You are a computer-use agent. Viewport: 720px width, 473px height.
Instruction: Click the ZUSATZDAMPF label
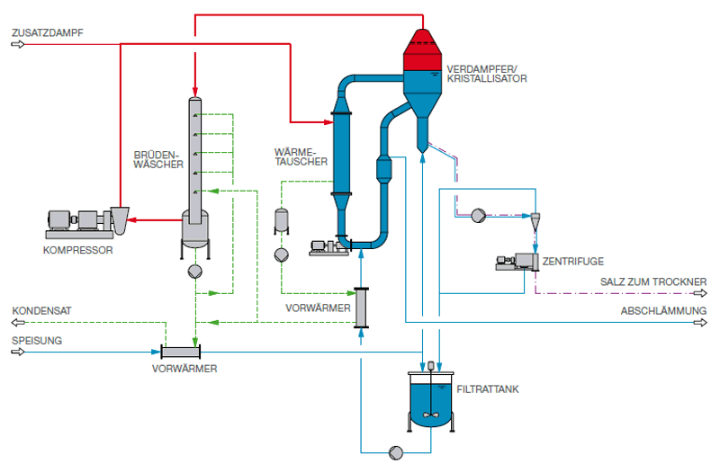click(x=48, y=33)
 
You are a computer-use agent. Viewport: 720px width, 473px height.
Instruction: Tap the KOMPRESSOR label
click(x=77, y=251)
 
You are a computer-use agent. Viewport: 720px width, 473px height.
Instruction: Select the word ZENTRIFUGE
click(x=573, y=262)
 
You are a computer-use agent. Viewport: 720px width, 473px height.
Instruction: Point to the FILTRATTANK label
click(x=488, y=389)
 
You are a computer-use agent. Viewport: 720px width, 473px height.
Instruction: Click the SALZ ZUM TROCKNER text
click(x=653, y=281)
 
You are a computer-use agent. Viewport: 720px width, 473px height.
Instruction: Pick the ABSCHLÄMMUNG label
click(x=663, y=311)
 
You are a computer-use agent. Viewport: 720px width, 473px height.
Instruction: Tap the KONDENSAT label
click(x=41, y=311)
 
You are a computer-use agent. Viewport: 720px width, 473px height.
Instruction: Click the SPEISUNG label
click(x=37, y=341)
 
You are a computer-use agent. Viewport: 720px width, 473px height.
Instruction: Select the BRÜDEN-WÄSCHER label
click(x=158, y=160)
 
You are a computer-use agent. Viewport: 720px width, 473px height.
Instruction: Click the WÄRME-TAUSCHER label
click(x=301, y=156)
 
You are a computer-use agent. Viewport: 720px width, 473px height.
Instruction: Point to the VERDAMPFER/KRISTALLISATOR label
click(x=487, y=74)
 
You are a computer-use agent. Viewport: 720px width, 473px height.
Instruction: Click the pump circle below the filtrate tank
click(x=396, y=453)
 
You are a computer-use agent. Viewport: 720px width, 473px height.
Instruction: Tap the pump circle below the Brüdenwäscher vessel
click(x=195, y=272)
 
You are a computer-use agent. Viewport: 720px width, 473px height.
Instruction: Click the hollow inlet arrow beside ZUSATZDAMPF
click(x=18, y=44)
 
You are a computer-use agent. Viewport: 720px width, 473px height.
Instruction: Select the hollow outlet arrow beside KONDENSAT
click(x=18, y=323)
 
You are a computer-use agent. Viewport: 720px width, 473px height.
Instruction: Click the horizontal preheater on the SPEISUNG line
click(x=181, y=353)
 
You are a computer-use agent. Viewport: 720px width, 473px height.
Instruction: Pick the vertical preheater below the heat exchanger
click(x=362, y=308)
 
